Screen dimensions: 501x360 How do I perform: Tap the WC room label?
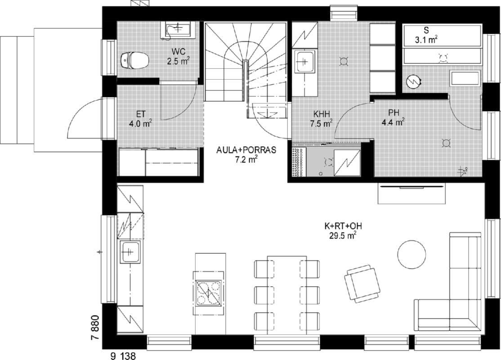tap(179, 56)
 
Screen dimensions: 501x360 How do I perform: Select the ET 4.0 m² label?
tap(140, 119)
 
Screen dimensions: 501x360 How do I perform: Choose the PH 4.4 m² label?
tap(394, 117)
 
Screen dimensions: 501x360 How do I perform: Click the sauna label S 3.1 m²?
tap(426, 35)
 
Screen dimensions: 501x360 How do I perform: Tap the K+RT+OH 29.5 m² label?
tap(343, 231)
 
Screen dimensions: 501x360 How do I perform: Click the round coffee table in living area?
tap(412, 255)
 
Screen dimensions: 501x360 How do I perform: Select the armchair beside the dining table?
tap(362, 283)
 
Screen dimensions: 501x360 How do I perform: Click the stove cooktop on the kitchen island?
tap(209, 292)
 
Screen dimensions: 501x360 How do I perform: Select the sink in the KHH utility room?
tap(304, 61)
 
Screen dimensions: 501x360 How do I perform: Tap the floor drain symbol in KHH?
tap(344, 61)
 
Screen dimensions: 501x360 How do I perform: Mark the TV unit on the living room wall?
tap(412, 193)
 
